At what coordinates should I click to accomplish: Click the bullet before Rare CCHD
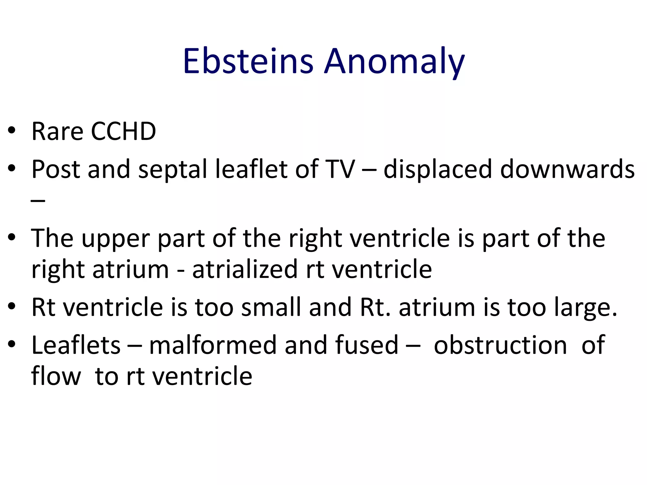pos(12,130)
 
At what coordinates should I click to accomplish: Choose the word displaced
pos(438,169)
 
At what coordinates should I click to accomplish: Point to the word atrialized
pos(245,269)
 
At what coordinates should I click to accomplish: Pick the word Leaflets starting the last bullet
pos(76,345)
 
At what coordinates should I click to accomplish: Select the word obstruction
pos(500,345)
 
